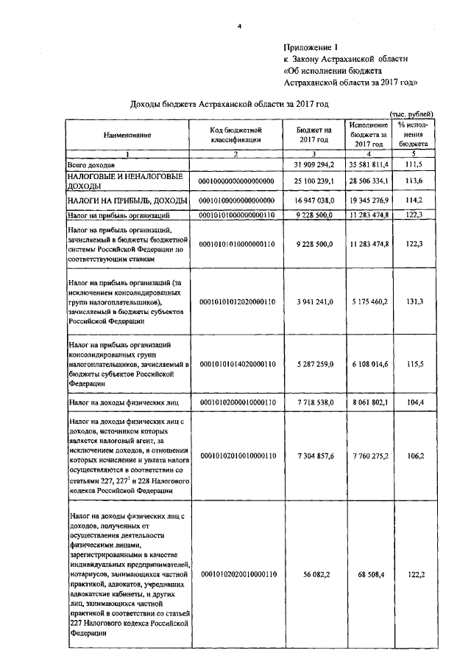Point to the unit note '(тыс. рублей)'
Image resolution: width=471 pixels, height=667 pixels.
(x=411, y=114)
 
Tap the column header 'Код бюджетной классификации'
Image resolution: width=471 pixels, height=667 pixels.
(x=235, y=136)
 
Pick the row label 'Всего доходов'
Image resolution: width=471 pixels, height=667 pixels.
(x=91, y=164)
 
